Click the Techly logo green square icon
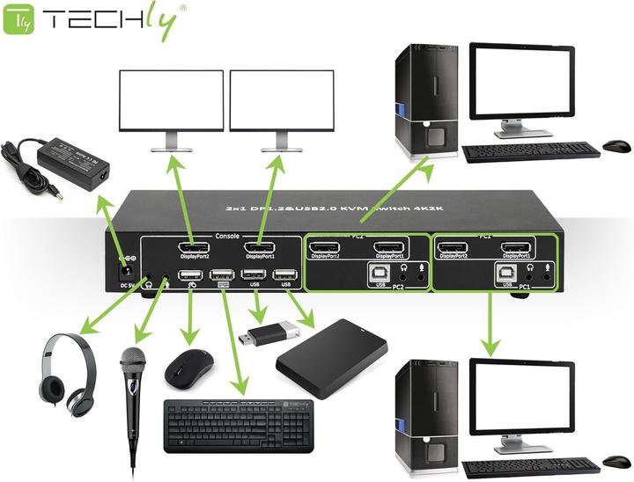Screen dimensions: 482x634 pos(19,20)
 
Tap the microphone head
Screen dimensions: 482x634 pos(132,360)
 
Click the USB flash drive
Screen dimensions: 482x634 pos(264,334)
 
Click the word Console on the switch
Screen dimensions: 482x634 pos(227,236)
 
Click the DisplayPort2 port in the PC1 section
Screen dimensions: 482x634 pos(452,249)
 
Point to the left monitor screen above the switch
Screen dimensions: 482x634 pos(172,100)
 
